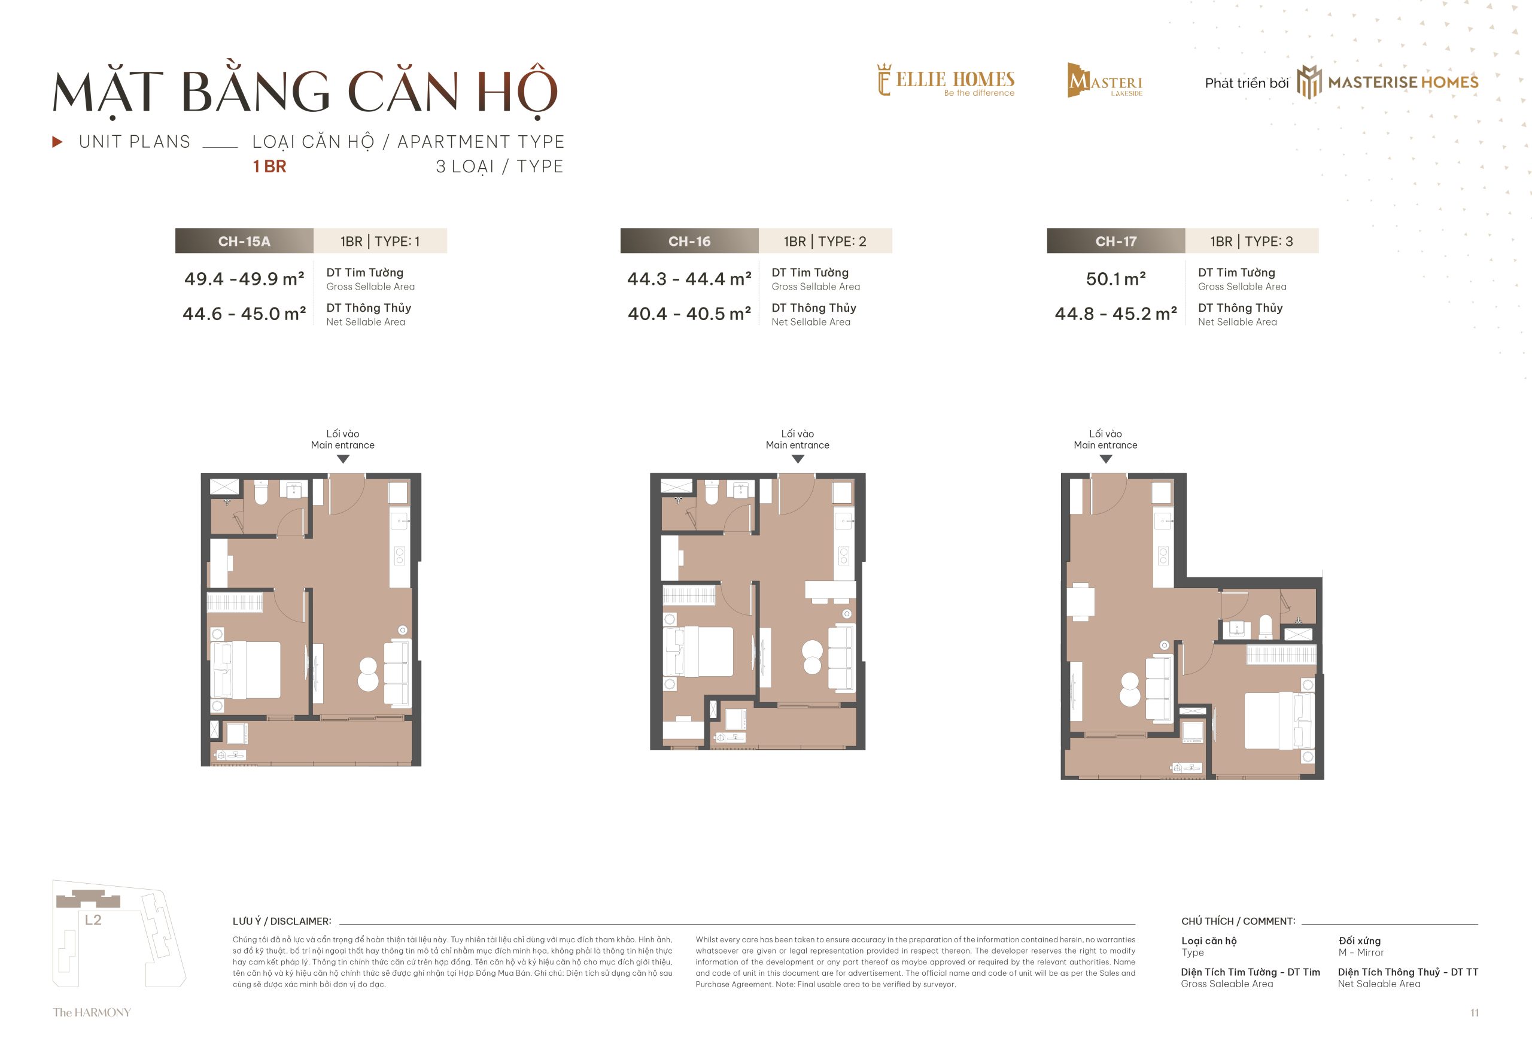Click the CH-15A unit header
(x=244, y=241)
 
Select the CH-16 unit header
(x=689, y=241)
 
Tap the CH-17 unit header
(x=1115, y=241)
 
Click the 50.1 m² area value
(x=1115, y=279)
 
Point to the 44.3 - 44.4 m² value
(x=689, y=279)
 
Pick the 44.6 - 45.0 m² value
(x=244, y=314)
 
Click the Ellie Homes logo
(x=946, y=81)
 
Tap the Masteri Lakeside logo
(x=1105, y=81)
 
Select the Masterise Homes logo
(x=1387, y=82)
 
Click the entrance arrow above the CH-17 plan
(x=1105, y=458)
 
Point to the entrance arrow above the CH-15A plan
(x=343, y=458)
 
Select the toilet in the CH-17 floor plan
(x=1264, y=626)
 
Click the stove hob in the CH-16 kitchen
(x=843, y=555)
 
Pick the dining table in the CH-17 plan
(x=1081, y=601)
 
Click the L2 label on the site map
(x=93, y=920)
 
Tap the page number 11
(x=1475, y=1012)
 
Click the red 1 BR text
(x=269, y=166)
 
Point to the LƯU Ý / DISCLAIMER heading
(x=282, y=921)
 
